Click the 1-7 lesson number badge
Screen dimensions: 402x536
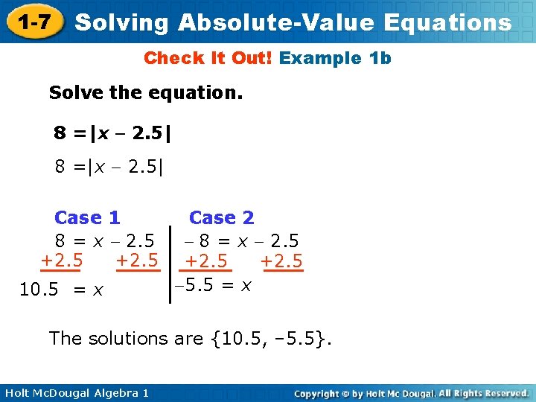coord(34,22)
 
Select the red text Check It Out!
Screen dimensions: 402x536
coord(208,58)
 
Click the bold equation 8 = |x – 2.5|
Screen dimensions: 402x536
coord(112,133)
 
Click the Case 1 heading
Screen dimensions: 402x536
coord(87,218)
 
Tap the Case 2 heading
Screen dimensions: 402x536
coord(221,218)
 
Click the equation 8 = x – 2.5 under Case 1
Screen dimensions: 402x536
coord(104,241)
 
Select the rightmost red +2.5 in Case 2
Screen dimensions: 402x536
coord(282,261)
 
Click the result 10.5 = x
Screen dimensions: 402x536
coord(61,290)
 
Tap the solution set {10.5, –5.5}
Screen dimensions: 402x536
coord(272,339)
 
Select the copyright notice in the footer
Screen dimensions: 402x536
coord(411,392)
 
